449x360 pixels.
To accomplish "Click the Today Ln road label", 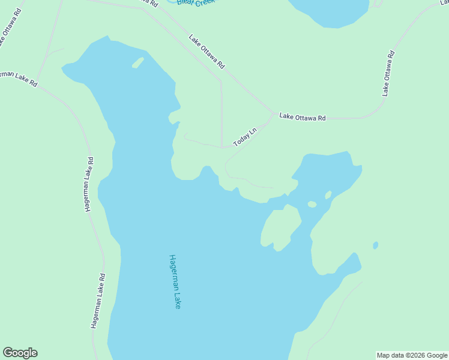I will (245, 137).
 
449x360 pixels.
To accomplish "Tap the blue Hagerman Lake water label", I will (174, 281).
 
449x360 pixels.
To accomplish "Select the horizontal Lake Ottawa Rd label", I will (303, 118).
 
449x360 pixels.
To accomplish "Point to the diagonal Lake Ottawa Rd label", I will (206, 51).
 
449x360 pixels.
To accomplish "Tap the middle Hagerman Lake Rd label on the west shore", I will (89, 184).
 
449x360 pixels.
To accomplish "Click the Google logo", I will (20, 353).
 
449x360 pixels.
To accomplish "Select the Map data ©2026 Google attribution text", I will (412, 355).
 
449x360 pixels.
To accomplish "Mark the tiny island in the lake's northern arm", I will (137, 62).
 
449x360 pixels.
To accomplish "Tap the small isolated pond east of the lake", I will (375, 245).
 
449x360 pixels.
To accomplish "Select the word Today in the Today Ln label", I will (241, 140).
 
